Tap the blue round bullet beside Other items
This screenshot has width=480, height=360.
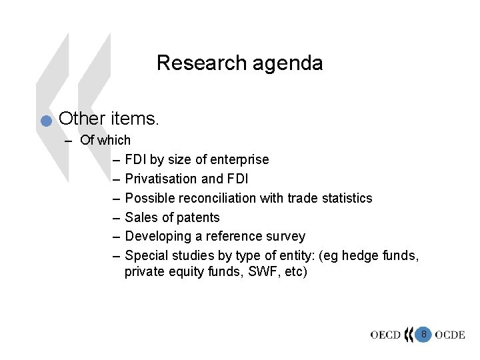click(45, 121)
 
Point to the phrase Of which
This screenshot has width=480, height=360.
click(105, 140)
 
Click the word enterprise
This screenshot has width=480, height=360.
click(240, 159)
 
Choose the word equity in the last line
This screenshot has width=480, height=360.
click(182, 272)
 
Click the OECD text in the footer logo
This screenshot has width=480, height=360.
click(386, 335)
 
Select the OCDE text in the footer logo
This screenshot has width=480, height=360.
click(449, 335)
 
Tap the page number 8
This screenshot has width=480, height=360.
click(423, 333)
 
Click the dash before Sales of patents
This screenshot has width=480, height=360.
click(117, 217)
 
